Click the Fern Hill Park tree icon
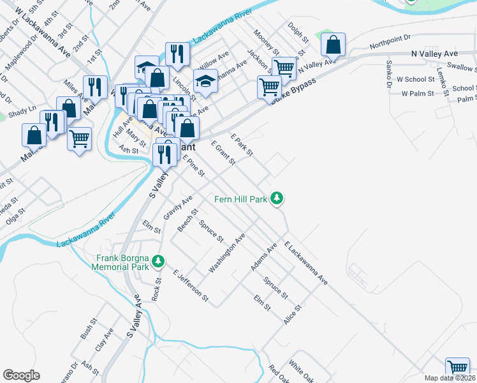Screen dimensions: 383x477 (x=277, y=199)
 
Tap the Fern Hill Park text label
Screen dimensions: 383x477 (x=240, y=200)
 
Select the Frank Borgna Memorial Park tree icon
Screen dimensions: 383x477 (x=158, y=261)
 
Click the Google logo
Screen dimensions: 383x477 (x=21, y=375)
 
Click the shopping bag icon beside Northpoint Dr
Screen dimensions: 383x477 (x=333, y=45)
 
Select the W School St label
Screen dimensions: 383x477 (x=415, y=80)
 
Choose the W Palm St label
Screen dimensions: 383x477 (x=417, y=94)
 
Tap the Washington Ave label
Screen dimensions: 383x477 (x=227, y=253)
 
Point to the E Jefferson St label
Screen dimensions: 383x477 (x=190, y=284)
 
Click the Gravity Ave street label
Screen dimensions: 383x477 (x=178, y=208)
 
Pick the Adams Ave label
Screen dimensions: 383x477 (x=263, y=257)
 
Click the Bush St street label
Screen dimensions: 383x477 (x=86, y=330)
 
